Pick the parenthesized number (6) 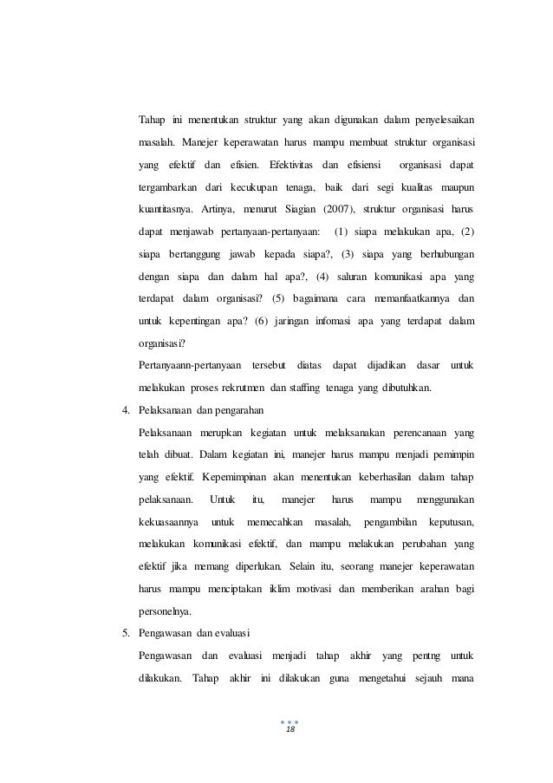[263, 320]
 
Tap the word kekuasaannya [168, 520]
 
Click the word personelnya [166, 610]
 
